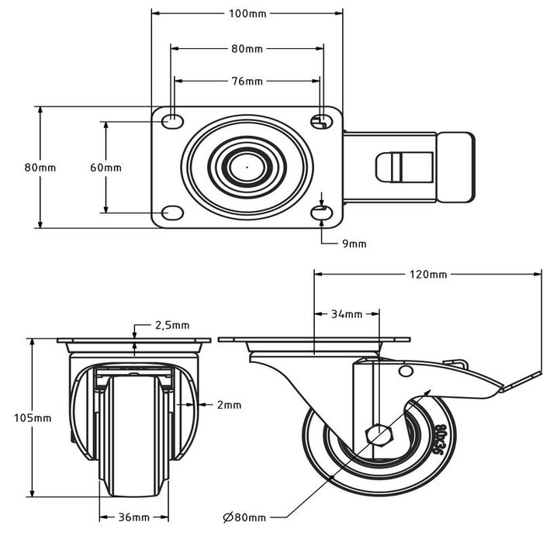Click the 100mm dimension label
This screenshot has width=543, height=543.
click(246, 14)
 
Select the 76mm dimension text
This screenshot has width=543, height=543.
click(247, 81)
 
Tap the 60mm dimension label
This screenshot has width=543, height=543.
click(105, 168)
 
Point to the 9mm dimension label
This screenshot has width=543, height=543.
click(354, 244)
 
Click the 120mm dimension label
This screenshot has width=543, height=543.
click(428, 274)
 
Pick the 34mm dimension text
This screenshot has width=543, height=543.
click(347, 314)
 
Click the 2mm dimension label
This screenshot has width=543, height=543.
click(230, 404)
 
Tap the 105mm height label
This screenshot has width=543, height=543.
click(33, 417)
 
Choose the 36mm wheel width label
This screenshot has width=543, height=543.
click(135, 517)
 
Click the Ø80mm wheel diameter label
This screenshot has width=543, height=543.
click(244, 517)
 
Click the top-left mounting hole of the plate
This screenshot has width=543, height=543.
click(172, 121)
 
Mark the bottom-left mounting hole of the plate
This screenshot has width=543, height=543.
click(172, 213)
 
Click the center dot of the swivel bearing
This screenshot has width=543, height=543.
click(246, 165)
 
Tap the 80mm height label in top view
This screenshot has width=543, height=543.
click(40, 168)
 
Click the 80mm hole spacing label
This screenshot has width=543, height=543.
click(247, 49)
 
